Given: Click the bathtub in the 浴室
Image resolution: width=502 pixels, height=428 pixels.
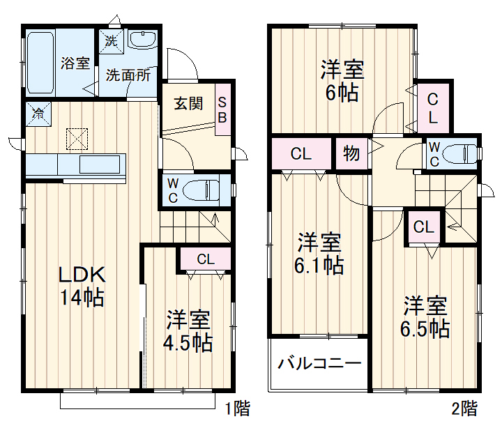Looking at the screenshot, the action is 40,63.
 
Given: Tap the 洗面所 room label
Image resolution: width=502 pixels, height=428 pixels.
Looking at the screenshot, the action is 128,75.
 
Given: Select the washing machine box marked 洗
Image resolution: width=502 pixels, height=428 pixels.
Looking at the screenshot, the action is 112,42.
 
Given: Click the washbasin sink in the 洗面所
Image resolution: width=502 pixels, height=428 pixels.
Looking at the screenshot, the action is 142,40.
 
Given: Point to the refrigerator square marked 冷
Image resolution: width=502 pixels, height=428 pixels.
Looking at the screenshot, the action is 38,114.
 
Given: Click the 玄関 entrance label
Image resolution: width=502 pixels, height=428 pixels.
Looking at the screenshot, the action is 188,104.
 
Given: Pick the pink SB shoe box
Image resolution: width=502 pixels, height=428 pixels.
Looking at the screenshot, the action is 223,109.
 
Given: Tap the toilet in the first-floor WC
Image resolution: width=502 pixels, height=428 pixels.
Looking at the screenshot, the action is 201,190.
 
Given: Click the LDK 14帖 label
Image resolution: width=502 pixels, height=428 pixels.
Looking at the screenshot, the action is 82,286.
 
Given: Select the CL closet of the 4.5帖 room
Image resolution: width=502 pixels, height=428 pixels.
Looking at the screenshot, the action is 206,259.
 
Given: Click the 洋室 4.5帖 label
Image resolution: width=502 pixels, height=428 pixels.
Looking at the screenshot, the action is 188,331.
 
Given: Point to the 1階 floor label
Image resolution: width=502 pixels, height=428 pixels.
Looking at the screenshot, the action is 238,408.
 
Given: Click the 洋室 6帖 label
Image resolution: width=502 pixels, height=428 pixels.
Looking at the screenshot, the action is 342,80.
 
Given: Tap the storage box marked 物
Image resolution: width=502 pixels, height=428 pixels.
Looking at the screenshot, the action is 351,153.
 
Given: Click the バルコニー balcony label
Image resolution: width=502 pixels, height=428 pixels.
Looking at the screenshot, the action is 319,364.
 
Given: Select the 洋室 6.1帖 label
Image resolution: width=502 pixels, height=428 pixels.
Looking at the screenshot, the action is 319,254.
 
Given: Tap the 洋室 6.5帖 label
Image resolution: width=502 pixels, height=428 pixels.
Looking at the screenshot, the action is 425,317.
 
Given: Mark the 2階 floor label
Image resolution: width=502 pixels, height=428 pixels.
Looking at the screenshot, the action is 464,408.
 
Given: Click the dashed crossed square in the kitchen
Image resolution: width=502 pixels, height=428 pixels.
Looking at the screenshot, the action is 77,139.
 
